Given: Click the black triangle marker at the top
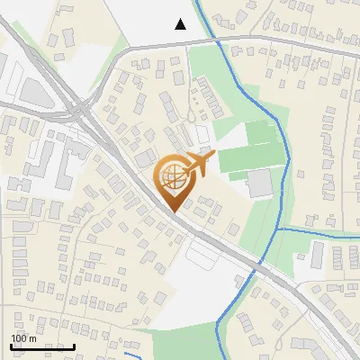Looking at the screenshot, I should tap(181, 24).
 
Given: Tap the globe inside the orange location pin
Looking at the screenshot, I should tap(172, 178).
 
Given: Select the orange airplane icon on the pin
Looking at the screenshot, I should tap(200, 165).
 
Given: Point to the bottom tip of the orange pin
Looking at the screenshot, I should tap(172, 211).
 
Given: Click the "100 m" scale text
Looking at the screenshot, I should tap(23, 338).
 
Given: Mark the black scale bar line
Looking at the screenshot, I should tap(42, 346).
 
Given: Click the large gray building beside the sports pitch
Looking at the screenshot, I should tap(259, 183).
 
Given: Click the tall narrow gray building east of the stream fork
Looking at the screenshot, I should tap(318, 255).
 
